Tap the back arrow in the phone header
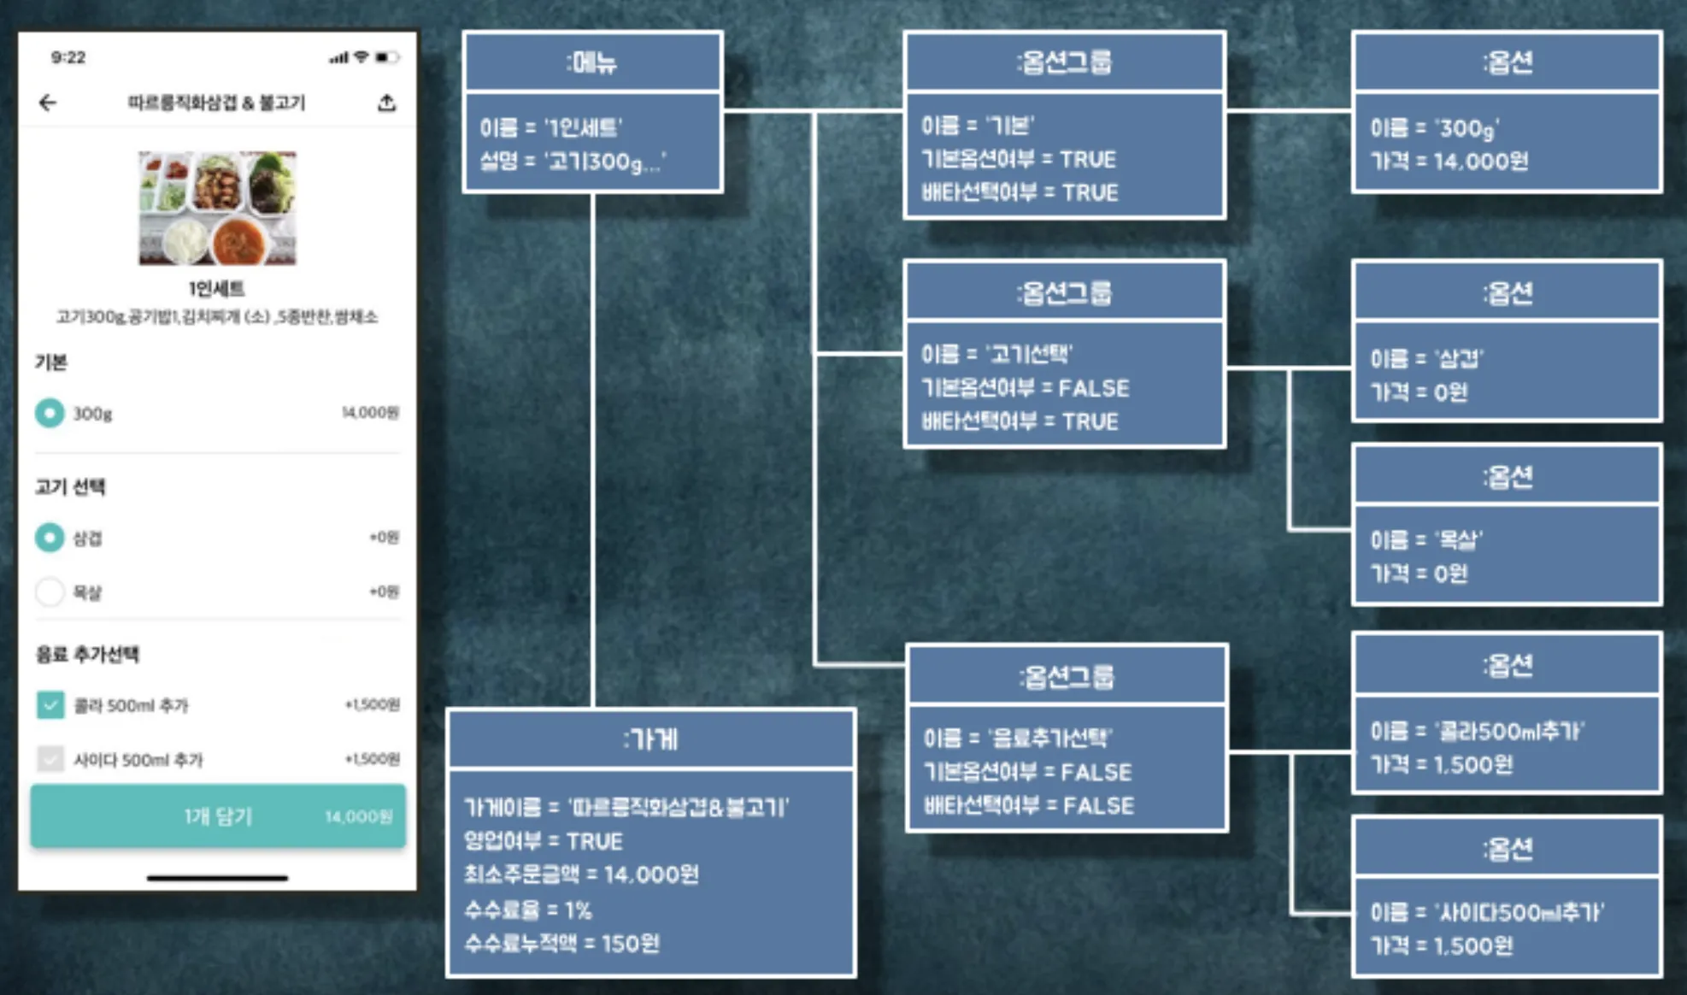coord(48,103)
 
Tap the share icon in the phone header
coord(386,103)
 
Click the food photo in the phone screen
coord(217,208)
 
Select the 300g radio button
coord(50,413)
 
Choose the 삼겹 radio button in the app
coord(50,538)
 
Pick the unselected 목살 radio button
coord(50,592)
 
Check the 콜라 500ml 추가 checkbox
coord(50,705)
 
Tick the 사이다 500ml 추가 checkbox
coord(50,759)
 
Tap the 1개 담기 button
coord(218,816)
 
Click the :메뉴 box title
coord(591,62)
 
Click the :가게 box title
coord(650,739)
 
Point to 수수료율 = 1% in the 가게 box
coord(528,910)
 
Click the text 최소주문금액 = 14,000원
coord(581,874)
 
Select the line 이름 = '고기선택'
coord(996,354)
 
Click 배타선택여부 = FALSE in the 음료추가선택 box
coord(1029,805)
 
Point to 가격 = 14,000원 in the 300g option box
coord(1449,162)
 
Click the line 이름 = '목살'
coord(1426,540)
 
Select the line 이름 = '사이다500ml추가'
coord(1487,912)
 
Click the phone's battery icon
coord(386,57)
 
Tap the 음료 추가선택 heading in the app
coord(87,655)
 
